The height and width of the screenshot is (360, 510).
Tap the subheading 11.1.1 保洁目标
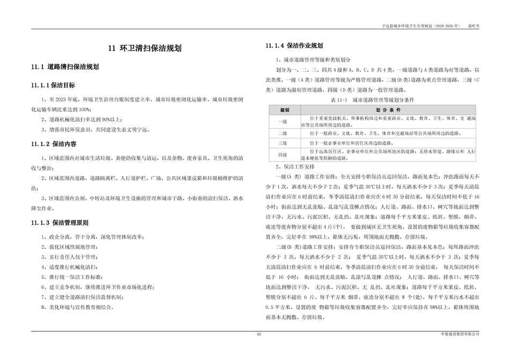click(53, 85)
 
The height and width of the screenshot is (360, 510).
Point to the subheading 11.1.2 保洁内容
click(54, 144)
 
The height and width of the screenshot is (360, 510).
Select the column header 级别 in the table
click(285, 109)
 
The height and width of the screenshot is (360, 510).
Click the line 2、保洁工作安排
click(295, 166)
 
